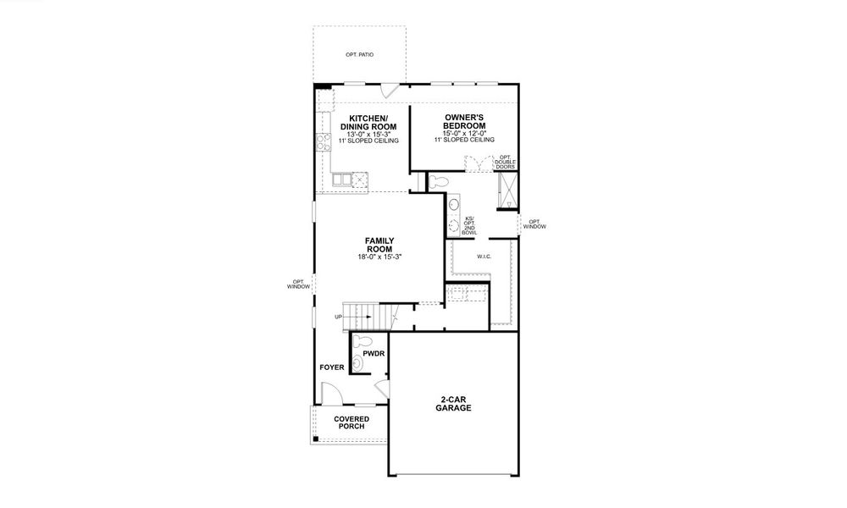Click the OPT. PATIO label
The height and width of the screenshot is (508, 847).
[359, 55]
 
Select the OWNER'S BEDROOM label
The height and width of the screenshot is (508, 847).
[464, 122]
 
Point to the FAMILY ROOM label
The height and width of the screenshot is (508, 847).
[379, 246]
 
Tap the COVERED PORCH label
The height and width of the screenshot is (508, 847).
[349, 422]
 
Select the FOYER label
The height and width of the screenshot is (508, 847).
[331, 368]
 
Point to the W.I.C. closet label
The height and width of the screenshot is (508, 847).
[484, 256]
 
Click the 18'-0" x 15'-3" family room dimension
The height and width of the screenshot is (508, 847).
[379, 257]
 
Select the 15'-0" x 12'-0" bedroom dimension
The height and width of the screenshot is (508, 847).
[464, 133]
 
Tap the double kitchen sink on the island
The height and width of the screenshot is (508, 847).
[342, 179]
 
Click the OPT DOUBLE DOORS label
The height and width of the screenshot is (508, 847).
[506, 162]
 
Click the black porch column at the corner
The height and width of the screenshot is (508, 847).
[316, 439]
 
